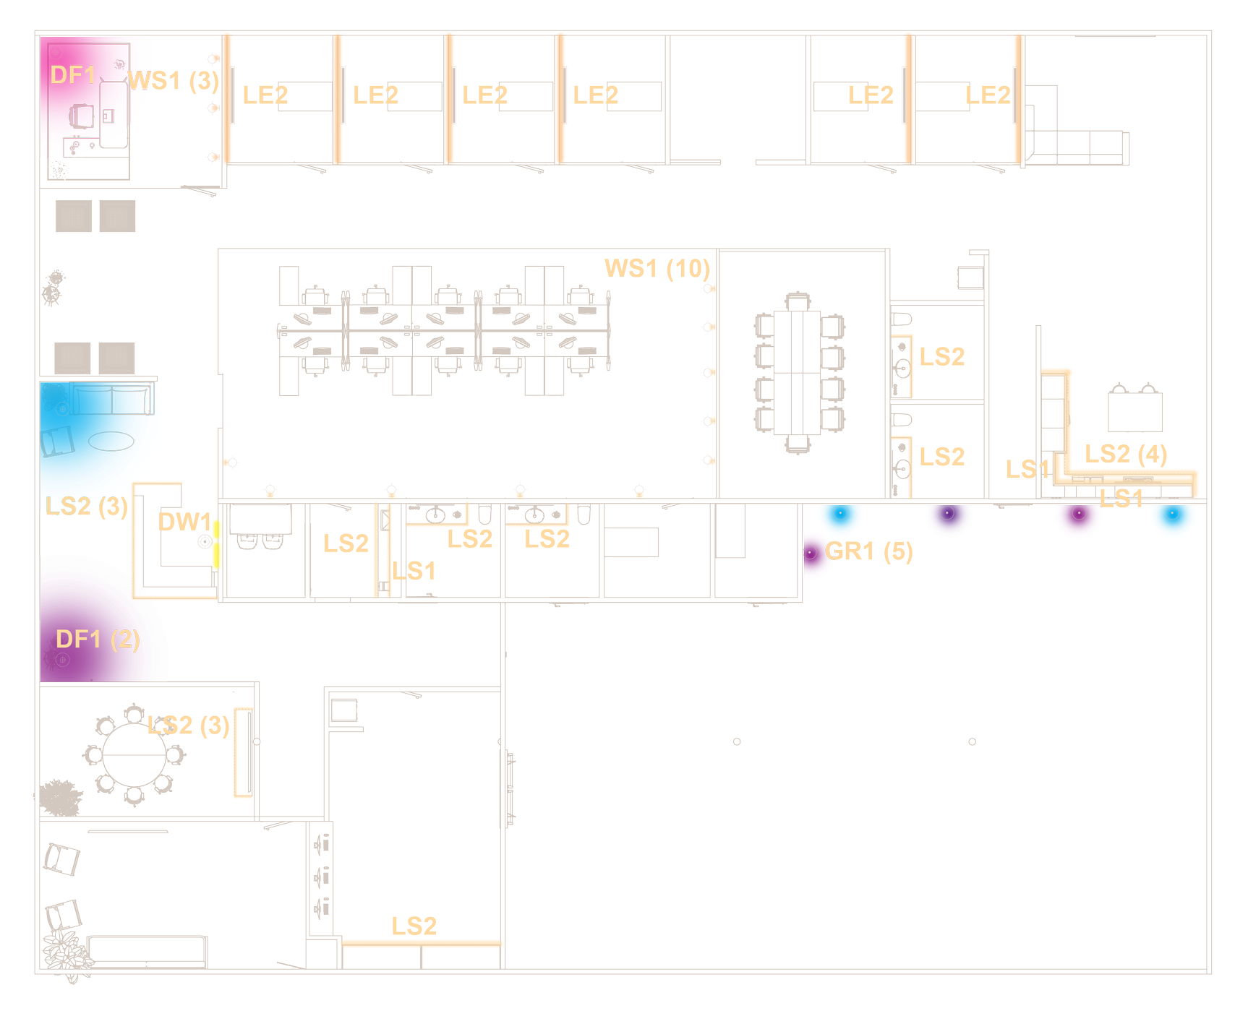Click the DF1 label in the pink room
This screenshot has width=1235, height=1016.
[73, 75]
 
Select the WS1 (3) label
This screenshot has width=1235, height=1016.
[174, 81]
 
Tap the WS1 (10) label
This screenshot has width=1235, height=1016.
[657, 269]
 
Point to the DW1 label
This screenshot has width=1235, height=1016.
[184, 522]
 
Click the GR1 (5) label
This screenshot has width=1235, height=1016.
[869, 551]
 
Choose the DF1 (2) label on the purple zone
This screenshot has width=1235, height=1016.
[98, 640]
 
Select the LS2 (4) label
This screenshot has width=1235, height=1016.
[1126, 455]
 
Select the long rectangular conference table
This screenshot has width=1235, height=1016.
[797, 372]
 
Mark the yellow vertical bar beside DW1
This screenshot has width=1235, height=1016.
[215, 544]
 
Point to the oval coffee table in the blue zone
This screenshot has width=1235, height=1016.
[111, 440]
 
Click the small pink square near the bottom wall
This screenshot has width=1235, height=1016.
[321, 953]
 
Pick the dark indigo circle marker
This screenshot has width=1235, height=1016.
[949, 517]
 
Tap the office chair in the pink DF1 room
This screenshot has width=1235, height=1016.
[82, 116]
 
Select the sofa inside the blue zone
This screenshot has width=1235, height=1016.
[112, 399]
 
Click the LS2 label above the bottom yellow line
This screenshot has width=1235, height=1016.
[414, 926]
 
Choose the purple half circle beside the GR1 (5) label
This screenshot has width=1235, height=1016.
[816, 554]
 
